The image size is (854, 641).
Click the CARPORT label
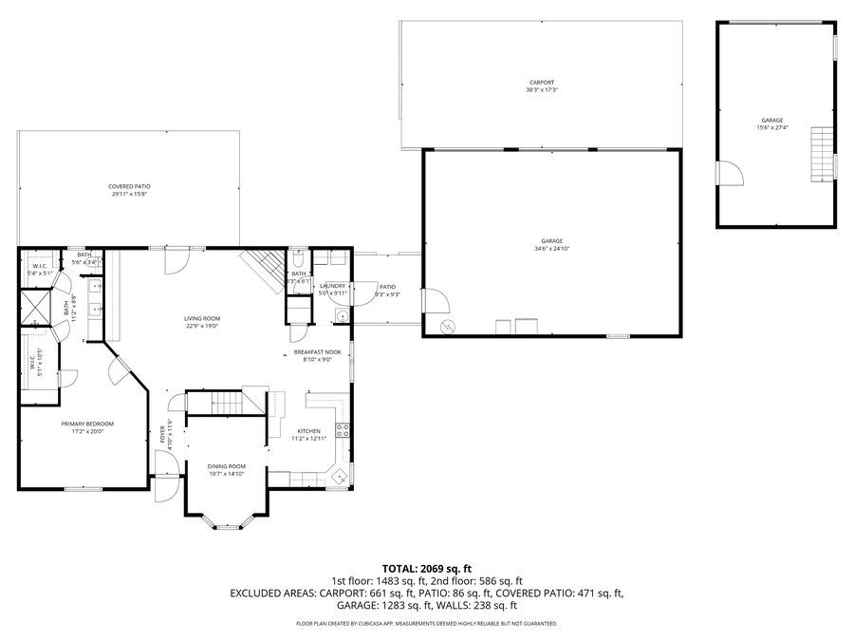click(x=541, y=83)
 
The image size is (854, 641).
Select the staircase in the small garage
click(x=821, y=156)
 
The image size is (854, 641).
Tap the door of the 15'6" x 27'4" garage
click(x=730, y=174)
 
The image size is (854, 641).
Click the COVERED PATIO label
click(x=129, y=187)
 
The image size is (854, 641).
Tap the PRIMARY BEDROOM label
click(x=87, y=424)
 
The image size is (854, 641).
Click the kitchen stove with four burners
click(x=343, y=429)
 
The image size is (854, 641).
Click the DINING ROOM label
click(x=227, y=466)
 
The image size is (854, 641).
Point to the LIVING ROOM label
click(x=202, y=319)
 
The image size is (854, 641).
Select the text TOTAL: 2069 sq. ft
click(x=426, y=567)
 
